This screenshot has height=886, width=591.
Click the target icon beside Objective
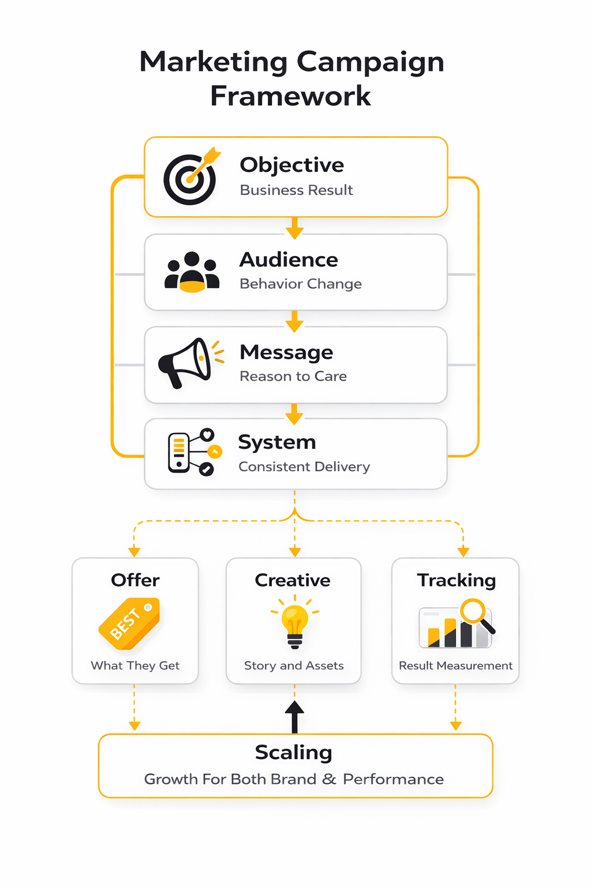pyautogui.click(x=190, y=178)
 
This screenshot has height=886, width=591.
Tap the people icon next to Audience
pyautogui.click(x=192, y=272)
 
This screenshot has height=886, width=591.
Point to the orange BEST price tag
pyautogui.click(x=129, y=623)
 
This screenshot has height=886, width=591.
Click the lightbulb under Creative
pyautogui.click(x=295, y=625)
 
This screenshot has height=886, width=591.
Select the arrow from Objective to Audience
pyautogui.click(x=294, y=228)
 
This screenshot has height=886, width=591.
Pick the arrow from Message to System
pyautogui.click(x=294, y=414)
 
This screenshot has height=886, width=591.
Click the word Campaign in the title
pyautogui.click(x=370, y=62)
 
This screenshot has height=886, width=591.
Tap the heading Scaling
pyautogui.click(x=294, y=752)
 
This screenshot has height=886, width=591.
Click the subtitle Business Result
pyautogui.click(x=296, y=190)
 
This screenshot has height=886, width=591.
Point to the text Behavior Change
pyautogui.click(x=301, y=284)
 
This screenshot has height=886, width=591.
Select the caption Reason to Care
pyautogui.click(x=293, y=376)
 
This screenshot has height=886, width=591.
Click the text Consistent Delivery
pyautogui.click(x=304, y=467)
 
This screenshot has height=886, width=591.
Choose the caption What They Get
pyautogui.click(x=135, y=666)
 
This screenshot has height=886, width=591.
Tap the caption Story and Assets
pyautogui.click(x=294, y=666)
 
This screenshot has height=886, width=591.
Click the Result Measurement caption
pyautogui.click(x=455, y=666)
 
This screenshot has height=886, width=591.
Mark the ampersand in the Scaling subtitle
pyautogui.click(x=329, y=779)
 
